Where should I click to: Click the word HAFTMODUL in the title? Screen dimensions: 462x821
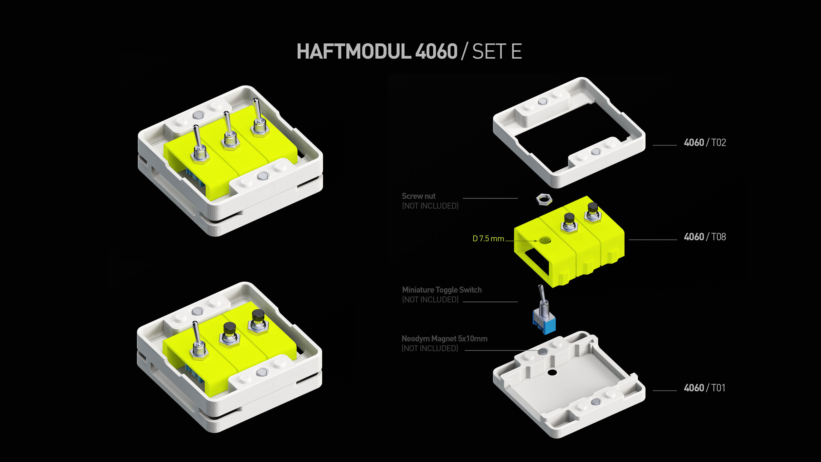tap(354, 52)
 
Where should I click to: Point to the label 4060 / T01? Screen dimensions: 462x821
tap(704, 388)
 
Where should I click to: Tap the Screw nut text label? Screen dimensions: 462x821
tap(418, 196)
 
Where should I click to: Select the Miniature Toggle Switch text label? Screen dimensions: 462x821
tap(442, 290)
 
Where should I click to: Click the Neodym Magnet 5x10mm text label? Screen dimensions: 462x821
tap(444, 339)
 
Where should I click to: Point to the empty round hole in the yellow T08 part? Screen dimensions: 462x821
tap(545, 240)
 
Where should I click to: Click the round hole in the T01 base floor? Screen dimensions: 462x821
tap(552, 372)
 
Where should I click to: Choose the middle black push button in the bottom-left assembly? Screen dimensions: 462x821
tap(229, 328)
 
